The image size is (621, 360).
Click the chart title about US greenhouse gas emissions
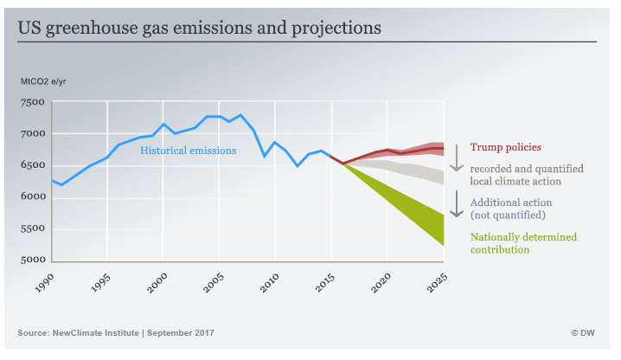(200, 28)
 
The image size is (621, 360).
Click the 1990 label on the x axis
(47, 283)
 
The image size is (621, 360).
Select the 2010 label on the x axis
(270, 283)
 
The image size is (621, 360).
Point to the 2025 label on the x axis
(438, 283)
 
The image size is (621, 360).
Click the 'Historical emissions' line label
(189, 151)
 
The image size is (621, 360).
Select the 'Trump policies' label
(506, 147)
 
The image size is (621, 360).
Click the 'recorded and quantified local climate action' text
(527, 175)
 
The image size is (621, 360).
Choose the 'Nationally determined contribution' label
(523, 242)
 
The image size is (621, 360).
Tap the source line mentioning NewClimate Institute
(116, 333)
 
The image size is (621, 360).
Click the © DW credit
(586, 333)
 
